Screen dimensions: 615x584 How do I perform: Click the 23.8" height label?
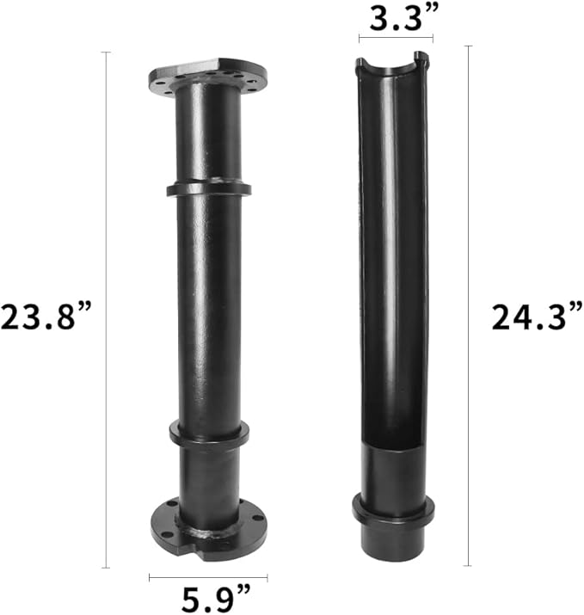coord(47,316)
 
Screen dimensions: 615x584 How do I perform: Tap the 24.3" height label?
coord(538,316)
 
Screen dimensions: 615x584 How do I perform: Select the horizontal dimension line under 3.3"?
coord(396,38)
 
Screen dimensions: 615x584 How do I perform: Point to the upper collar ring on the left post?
coord(209,188)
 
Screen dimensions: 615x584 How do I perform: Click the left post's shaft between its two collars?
coord(209,310)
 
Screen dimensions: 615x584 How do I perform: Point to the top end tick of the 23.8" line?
coord(106,52)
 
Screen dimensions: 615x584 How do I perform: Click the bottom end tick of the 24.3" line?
coord(469,565)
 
